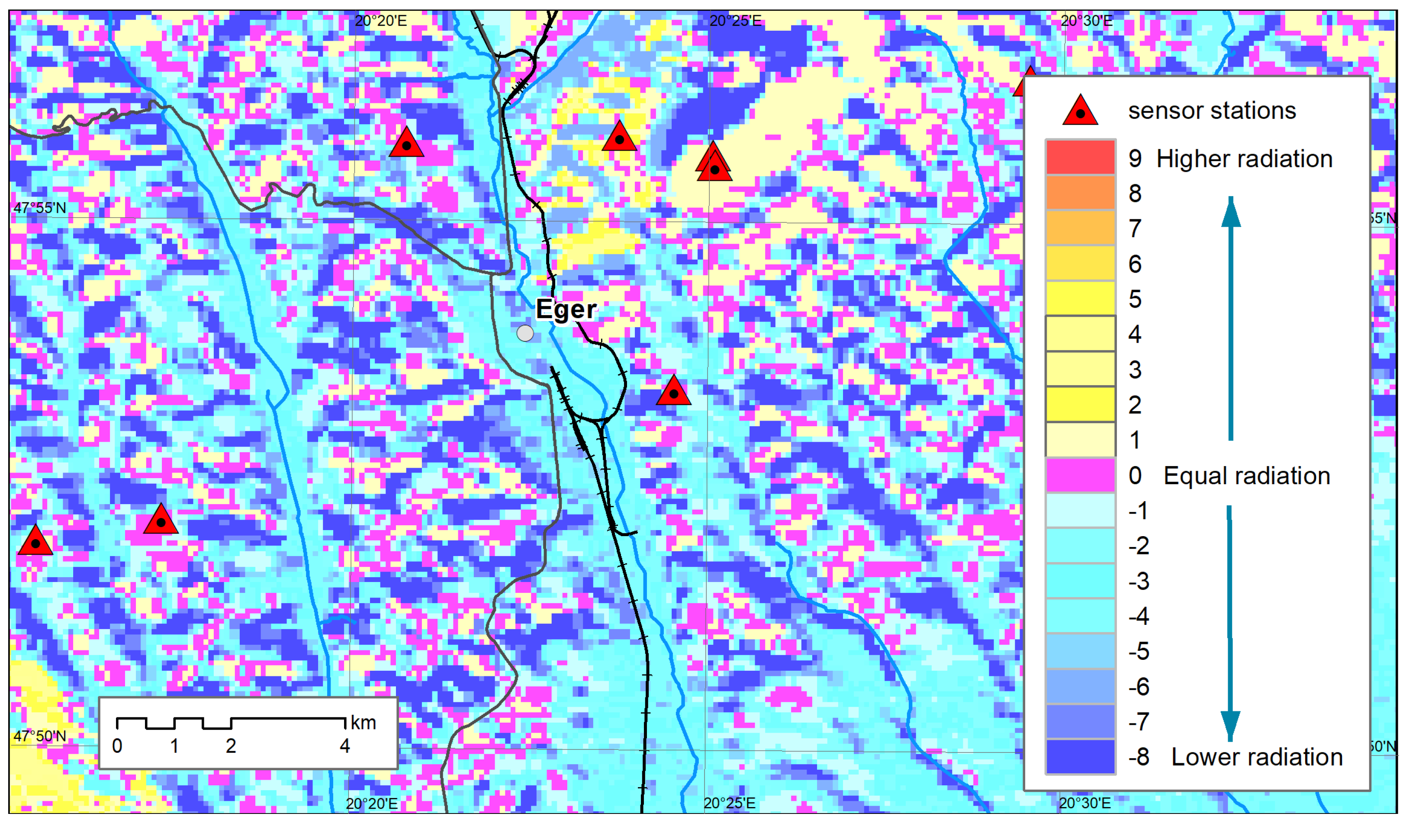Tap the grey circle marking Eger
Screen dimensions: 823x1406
(525, 333)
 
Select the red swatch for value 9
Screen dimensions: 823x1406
(1080, 158)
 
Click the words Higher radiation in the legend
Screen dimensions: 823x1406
(1244, 159)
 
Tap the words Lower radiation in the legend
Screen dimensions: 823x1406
(1256, 757)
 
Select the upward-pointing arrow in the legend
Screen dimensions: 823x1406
(1231, 318)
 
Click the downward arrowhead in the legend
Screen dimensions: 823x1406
(1230, 725)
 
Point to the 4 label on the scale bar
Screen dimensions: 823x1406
(345, 746)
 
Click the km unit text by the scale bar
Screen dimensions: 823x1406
(363, 723)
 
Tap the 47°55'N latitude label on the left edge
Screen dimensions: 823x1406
(40, 208)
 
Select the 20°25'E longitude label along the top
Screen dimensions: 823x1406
(735, 21)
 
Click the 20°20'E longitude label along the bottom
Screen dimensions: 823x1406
(372, 804)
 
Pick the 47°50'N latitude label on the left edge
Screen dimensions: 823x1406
(40, 736)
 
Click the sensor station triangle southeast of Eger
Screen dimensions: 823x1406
(673, 392)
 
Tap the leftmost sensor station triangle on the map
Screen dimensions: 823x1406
(36, 541)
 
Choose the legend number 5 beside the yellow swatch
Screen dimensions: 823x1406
(1135, 299)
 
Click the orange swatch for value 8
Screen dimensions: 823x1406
(1080, 193)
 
